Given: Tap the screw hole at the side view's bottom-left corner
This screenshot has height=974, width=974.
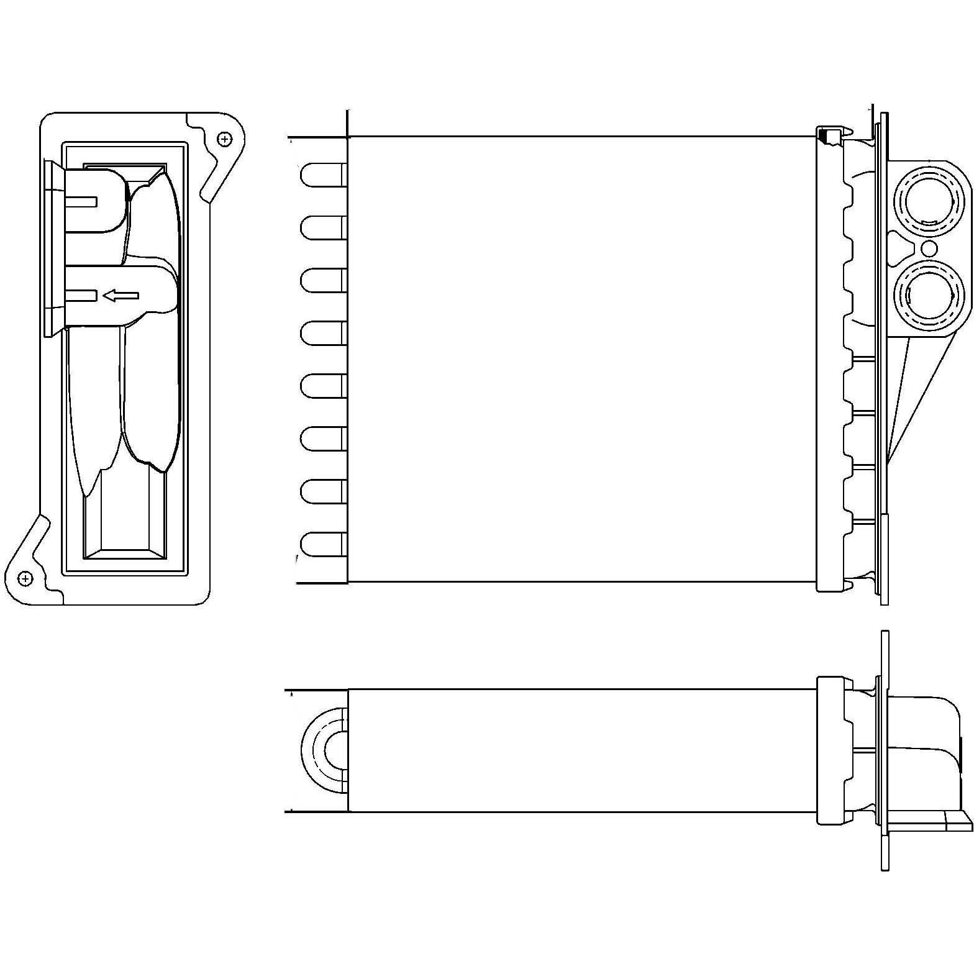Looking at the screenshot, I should click(x=25, y=578).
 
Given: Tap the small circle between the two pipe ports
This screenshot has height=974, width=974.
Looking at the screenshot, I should click(x=929, y=249).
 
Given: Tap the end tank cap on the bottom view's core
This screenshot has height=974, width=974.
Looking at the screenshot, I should click(x=831, y=750).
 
